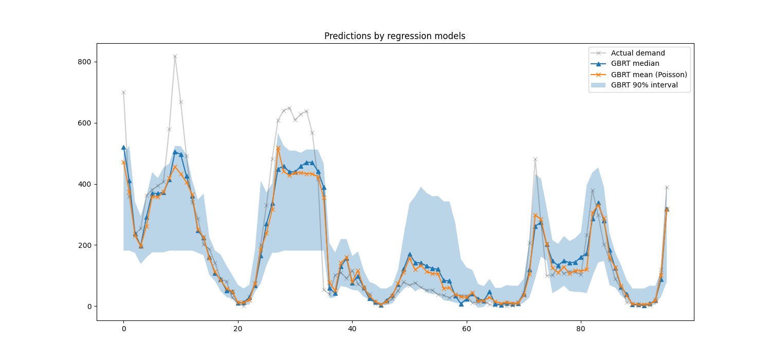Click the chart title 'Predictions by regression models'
point(395,36)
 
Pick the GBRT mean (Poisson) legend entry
point(649,75)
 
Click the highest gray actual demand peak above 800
point(175,57)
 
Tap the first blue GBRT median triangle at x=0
point(123,147)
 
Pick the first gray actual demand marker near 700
point(123,93)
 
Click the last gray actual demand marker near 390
point(667,187)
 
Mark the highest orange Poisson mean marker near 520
point(278,148)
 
